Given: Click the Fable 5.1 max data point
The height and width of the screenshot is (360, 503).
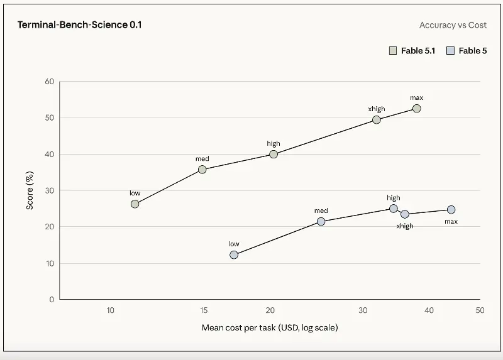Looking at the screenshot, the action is [416, 109].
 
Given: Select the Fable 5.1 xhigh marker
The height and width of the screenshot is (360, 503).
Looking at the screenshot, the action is [376, 120].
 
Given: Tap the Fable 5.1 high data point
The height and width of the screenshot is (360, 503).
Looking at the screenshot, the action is [274, 154].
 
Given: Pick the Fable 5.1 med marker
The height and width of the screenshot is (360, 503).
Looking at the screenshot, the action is [202, 170].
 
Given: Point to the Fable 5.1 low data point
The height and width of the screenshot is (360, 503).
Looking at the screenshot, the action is [135, 204].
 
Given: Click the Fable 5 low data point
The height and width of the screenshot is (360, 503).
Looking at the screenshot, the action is [234, 255].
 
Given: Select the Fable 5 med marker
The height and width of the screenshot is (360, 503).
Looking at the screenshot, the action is [321, 222].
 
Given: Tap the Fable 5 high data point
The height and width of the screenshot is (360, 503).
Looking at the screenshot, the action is [394, 209].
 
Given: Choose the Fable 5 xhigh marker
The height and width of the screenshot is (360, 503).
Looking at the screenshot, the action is [404, 214].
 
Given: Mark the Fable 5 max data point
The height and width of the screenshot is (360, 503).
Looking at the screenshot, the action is [451, 210].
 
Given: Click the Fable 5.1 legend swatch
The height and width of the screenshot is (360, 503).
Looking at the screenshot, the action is [392, 51].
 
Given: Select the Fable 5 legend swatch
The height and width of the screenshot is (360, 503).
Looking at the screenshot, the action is [450, 51].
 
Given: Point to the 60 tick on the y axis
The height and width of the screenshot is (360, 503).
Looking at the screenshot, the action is [50, 82].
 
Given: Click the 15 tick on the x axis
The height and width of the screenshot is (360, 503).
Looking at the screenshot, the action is [204, 310].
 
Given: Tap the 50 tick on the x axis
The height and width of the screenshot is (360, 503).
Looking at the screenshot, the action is [480, 310].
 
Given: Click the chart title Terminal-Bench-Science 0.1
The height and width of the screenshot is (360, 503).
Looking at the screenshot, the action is [80, 25].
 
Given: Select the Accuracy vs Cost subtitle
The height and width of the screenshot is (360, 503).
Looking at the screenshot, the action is [453, 25].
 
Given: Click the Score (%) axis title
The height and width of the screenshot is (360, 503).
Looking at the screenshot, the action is [30, 190].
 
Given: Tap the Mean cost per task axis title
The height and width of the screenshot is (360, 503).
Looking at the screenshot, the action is [270, 327].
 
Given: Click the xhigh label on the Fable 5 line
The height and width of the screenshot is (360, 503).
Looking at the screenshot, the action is [405, 226].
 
